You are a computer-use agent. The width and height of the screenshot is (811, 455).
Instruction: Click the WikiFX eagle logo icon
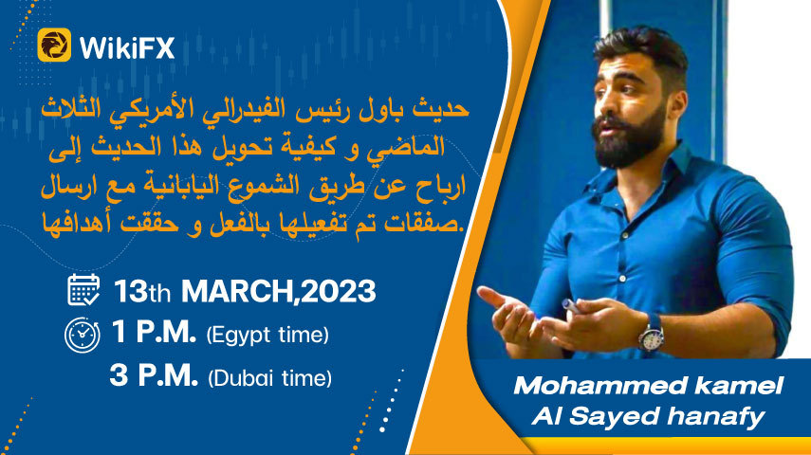coord(54,45)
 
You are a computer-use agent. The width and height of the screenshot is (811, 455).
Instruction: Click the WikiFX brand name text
coord(127,47)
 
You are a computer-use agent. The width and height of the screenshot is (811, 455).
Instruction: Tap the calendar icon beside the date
coord(83,289)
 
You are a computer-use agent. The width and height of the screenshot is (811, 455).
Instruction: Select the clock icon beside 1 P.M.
coord(83,335)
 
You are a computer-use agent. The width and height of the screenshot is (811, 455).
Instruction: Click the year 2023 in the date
coord(338,291)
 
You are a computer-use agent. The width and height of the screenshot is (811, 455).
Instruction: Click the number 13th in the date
coord(141,291)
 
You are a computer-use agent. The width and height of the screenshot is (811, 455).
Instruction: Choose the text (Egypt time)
coord(267,335)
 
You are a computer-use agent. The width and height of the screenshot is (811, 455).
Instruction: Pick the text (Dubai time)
coord(269,378)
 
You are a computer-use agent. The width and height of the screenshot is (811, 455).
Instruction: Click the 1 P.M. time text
coord(154,332)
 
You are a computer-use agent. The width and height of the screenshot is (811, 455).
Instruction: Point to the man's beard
coord(632,136)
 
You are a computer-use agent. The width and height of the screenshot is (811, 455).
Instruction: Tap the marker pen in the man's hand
coord(573,306)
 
